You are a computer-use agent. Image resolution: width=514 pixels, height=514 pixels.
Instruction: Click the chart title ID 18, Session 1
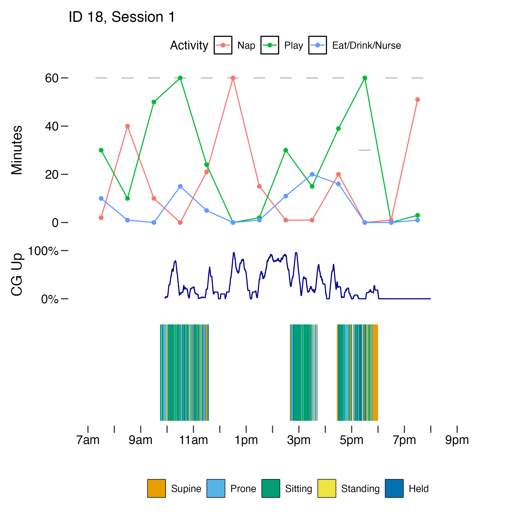click(x=122, y=17)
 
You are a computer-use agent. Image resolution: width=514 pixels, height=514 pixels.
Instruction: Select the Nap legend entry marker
click(x=223, y=45)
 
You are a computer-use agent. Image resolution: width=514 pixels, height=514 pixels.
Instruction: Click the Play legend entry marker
click(x=270, y=45)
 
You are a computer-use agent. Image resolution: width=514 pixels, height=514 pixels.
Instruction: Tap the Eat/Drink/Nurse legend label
click(x=366, y=46)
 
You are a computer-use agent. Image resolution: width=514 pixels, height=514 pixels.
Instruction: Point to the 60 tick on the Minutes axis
click(x=64, y=78)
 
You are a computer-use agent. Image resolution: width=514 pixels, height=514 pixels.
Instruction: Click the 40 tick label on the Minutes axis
click(x=52, y=126)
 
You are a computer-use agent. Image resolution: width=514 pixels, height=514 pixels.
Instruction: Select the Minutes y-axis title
click(x=17, y=150)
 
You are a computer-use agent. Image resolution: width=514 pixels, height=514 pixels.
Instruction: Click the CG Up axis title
click(x=17, y=275)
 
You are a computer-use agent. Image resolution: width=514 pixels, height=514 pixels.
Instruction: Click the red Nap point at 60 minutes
click(x=233, y=78)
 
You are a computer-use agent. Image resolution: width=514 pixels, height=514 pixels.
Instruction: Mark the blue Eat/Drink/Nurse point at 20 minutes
click(x=312, y=175)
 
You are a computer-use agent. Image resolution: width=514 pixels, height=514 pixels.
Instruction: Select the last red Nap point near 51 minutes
click(x=417, y=100)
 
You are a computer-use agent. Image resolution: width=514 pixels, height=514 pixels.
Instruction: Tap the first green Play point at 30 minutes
click(x=101, y=150)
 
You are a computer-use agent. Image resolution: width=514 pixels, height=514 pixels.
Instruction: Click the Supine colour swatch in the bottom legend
click(x=157, y=489)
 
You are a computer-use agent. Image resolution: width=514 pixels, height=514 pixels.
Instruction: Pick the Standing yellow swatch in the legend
click(x=327, y=489)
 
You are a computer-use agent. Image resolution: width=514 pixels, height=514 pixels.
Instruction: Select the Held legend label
click(x=419, y=489)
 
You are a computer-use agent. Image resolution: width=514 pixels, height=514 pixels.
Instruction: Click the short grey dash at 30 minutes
click(x=364, y=150)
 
